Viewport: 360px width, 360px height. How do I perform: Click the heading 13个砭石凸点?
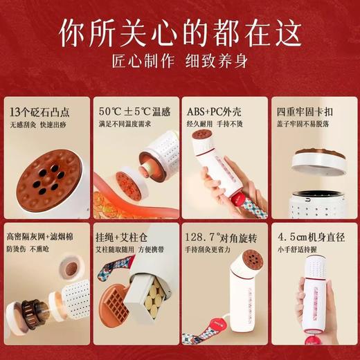coord(40,111)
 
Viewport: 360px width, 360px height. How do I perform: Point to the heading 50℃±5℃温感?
coord(130,111)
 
